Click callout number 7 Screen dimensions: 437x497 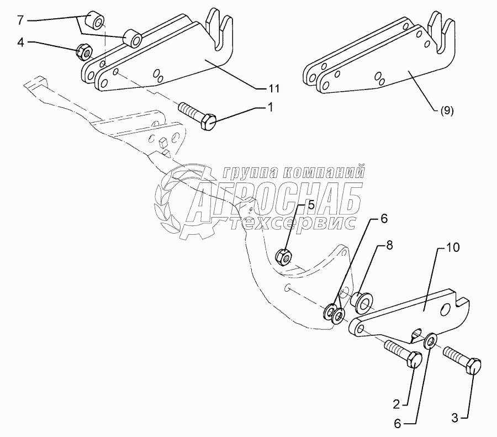click(20, 21)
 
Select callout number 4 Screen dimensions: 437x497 click(20, 41)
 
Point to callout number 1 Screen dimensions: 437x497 click(271, 108)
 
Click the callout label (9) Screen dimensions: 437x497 click(447, 110)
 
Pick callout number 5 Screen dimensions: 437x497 click(311, 206)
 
